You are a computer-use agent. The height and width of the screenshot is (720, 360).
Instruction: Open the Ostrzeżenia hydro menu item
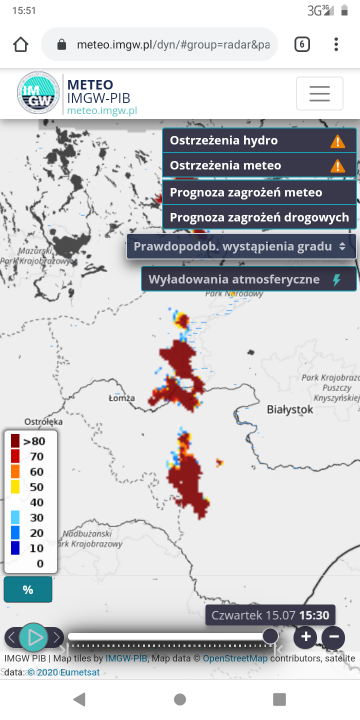click(258, 141)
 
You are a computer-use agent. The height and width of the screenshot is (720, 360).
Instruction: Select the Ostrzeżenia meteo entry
click(258, 166)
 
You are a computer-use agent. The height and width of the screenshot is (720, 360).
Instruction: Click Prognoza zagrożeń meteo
click(258, 192)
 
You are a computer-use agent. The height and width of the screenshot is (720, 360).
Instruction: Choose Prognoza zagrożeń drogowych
click(258, 217)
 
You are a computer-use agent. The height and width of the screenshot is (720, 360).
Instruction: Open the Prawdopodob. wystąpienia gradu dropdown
click(241, 246)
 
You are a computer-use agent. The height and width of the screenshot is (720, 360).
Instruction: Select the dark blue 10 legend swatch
click(16, 548)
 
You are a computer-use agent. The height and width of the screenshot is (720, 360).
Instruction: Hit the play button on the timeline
click(33, 636)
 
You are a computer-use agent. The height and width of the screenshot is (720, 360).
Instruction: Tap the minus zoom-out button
click(334, 636)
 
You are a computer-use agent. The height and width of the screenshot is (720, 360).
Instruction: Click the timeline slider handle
click(270, 636)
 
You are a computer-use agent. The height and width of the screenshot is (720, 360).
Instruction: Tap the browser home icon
click(20, 45)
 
